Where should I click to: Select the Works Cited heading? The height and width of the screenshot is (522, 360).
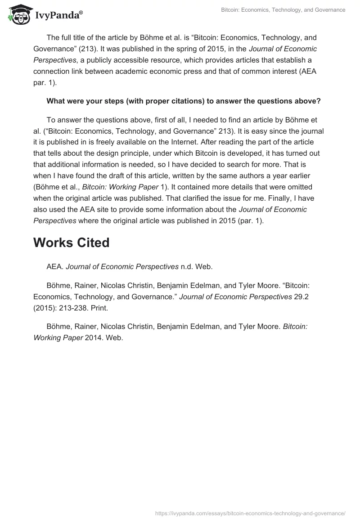click(72, 243)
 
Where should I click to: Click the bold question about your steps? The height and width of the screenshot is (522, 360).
click(184, 101)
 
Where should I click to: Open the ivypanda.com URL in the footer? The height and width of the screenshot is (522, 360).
click(250, 513)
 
